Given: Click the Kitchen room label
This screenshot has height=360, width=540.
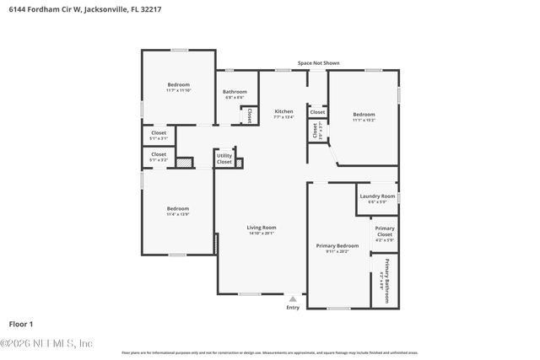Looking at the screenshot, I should (283, 112).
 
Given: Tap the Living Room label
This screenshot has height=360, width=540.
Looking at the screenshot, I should (262, 228).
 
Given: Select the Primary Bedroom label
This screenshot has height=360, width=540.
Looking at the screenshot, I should (332, 246).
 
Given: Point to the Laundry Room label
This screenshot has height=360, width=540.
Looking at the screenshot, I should (377, 196).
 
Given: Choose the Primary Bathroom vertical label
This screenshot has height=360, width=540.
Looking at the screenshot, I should (386, 273).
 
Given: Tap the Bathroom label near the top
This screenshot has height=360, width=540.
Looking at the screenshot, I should (235, 92).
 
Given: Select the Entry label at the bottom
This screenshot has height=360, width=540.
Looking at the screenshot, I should (293, 308).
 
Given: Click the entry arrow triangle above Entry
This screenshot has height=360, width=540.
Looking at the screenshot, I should (293, 298).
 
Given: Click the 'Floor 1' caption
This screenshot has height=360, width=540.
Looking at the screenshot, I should (20, 324).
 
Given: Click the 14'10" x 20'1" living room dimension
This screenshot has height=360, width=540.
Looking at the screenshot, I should (262, 234).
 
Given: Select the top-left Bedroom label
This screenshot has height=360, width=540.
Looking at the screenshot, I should (179, 84).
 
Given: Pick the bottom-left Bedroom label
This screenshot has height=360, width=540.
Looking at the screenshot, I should (177, 208).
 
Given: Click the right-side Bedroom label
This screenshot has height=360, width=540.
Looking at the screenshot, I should (364, 115).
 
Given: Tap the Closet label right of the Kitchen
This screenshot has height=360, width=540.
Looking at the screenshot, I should (317, 112).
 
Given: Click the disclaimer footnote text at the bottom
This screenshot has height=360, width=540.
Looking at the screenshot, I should (270, 352).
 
